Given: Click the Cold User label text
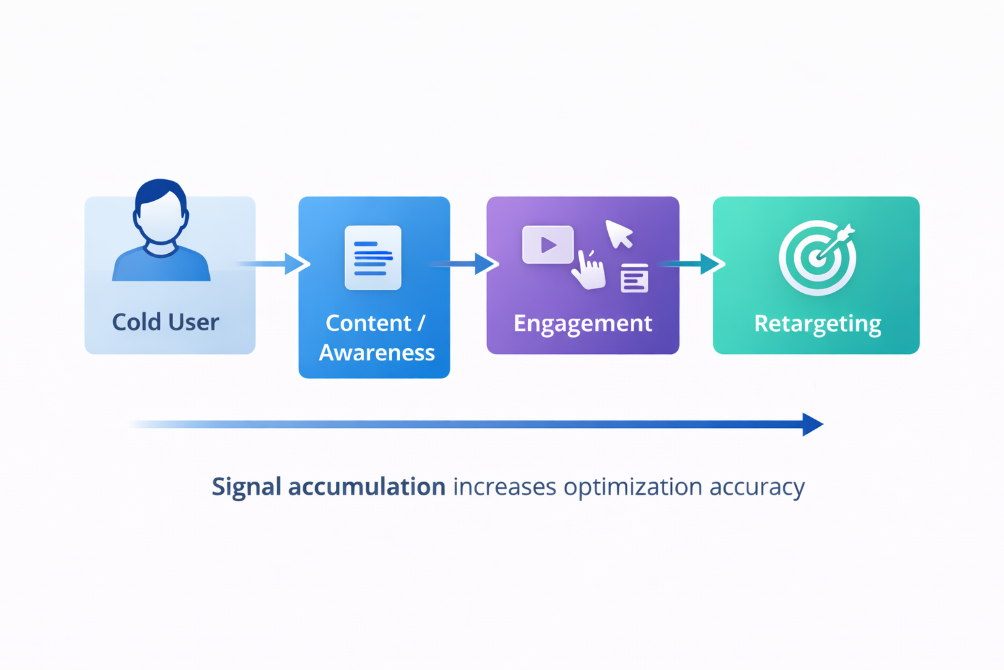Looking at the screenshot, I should point(165,322).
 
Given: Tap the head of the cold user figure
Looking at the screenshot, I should point(161,213).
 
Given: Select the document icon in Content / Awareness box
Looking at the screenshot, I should point(373,258).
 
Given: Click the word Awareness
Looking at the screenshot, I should point(376,353).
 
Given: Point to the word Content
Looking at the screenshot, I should point(368,323).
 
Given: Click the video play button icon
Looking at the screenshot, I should point(548,245).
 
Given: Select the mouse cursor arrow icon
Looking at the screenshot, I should point(618,234).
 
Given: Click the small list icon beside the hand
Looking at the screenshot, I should point(634,278).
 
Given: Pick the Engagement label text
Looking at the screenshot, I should point(582,323).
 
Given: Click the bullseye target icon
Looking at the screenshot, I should point(817,258).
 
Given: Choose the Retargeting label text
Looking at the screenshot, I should point(817,323).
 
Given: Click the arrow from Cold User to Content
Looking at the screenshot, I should point(275,264).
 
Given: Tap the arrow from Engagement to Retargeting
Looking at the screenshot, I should point(693,264).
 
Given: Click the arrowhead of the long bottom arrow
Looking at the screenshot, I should point(811,424).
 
